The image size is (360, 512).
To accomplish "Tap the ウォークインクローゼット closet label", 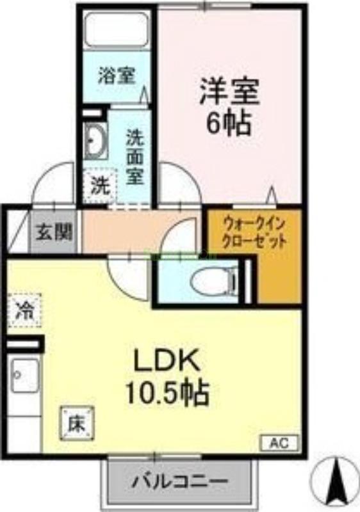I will pos(252,234).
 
